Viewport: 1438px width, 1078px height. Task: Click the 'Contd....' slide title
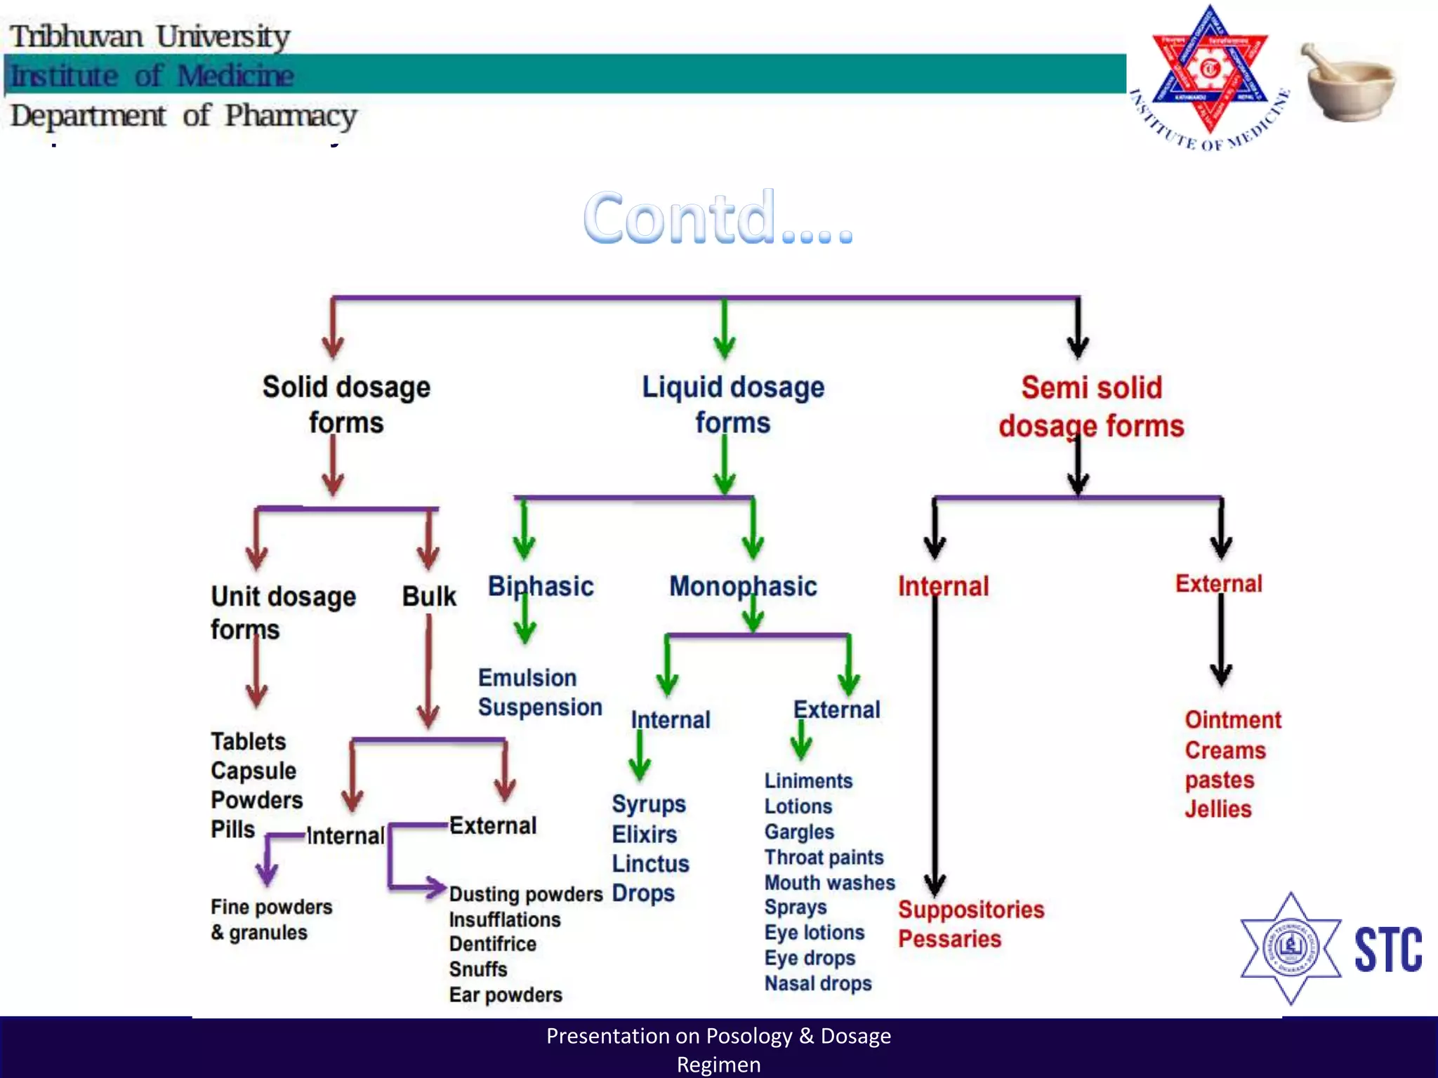(x=718, y=218)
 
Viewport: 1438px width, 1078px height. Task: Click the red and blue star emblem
(x=1209, y=74)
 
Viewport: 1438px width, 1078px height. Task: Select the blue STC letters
(x=1387, y=950)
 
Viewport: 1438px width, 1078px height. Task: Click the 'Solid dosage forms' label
(x=346, y=404)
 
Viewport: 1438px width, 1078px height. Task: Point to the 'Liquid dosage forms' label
(x=733, y=404)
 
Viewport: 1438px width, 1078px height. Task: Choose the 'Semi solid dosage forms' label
(x=1091, y=407)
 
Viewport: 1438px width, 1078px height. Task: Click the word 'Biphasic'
(x=541, y=586)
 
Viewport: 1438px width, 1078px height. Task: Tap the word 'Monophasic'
(x=743, y=586)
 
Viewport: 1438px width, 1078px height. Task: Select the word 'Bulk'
(x=429, y=596)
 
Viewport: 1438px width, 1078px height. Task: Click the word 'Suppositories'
(x=971, y=910)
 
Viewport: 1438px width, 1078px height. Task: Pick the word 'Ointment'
(x=1233, y=719)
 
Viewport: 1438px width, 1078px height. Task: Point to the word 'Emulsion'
(x=527, y=677)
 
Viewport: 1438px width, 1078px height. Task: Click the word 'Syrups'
(x=649, y=804)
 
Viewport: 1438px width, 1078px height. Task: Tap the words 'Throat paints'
(x=824, y=857)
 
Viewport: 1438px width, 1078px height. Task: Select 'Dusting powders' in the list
(x=526, y=894)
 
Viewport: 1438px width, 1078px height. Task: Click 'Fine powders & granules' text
(x=271, y=919)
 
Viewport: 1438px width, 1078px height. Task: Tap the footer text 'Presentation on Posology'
(x=718, y=1036)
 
